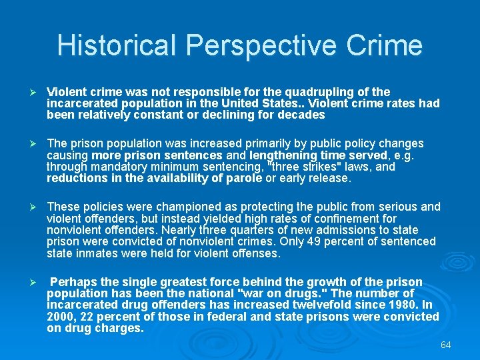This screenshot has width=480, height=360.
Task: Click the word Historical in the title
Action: [x=117, y=45]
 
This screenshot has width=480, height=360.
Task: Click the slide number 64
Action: [x=446, y=345]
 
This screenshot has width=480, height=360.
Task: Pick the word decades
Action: [x=302, y=115]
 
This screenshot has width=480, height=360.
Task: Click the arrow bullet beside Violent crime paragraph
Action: [x=28, y=92]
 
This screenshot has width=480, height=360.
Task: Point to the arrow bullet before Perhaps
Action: [x=28, y=282]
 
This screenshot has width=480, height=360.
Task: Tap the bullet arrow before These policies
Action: [x=28, y=207]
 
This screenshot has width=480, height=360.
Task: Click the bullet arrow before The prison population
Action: [x=28, y=144]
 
